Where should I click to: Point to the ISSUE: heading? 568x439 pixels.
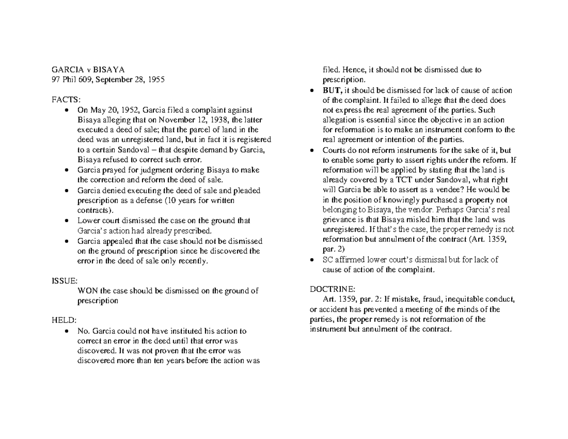(64, 281)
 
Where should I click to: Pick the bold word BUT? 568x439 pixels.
(332, 91)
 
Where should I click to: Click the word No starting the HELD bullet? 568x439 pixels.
(82, 331)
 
